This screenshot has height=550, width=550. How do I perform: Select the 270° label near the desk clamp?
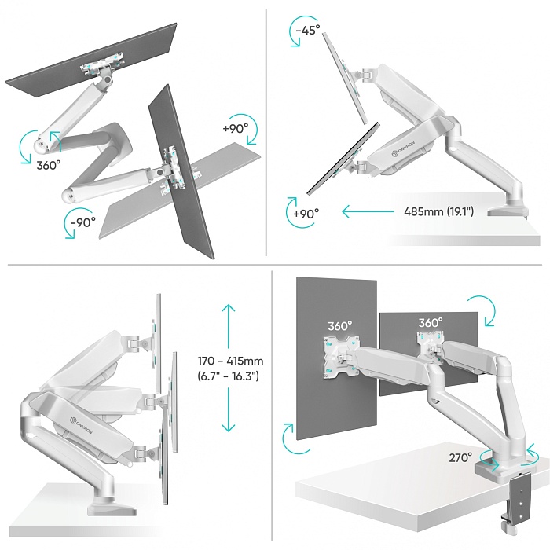coord(460,457)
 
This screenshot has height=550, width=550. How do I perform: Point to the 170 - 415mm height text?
coord(230,361)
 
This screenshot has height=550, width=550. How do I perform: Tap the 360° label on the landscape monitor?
coord(430,323)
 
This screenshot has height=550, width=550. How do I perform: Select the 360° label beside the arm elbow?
coord(47,165)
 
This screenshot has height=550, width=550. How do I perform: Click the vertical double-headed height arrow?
coord(229,368)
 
